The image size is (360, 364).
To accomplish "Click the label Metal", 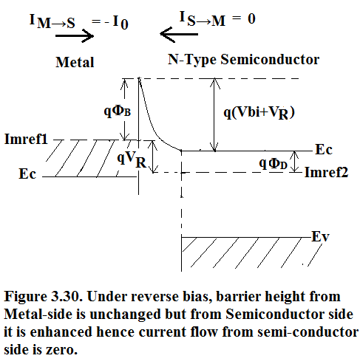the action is tap(75, 62).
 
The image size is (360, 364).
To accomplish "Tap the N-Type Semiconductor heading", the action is tap(243, 60).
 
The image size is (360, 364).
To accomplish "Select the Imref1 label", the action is tap(26, 139).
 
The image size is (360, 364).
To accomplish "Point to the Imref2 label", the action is tap(327, 172).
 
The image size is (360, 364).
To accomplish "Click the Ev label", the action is tap(320, 236).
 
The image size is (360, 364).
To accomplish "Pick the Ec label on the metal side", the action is tap(27, 174).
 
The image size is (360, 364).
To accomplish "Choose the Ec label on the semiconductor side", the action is tap(324, 149).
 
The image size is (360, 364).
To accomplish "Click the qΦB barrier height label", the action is tap(117, 111).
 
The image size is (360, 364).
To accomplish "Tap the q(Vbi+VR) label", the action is tap(259, 113).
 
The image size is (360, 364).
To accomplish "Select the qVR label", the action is tap(132, 159).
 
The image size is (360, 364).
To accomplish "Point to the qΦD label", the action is tap(273, 163).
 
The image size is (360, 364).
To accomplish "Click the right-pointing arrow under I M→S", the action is tap(75, 36).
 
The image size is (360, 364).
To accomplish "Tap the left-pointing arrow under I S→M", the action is tap(179, 34).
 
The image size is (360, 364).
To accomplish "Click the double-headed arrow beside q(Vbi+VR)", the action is tap(214, 114).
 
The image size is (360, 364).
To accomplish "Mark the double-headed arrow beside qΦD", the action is tap(295, 162).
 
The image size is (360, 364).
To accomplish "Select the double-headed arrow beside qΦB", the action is tap(125, 109).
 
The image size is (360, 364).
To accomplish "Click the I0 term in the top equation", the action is tap(120, 22).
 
